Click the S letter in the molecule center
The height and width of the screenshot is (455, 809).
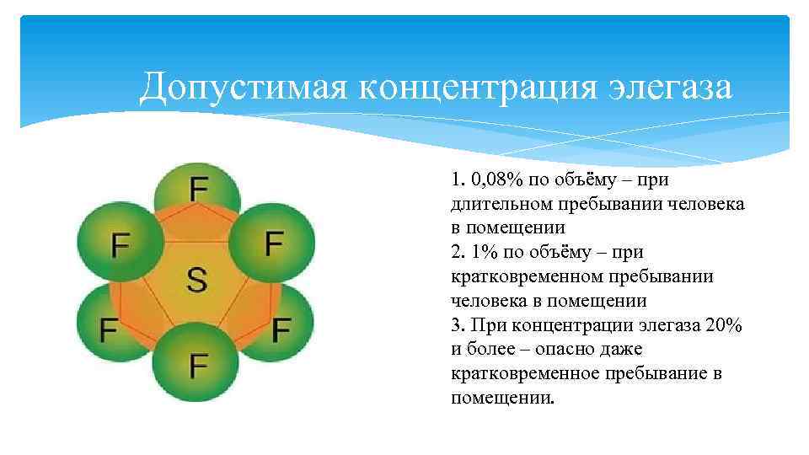coord(196,279)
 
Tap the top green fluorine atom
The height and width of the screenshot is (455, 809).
coord(198,190)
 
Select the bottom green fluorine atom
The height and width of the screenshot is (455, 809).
coord(198,364)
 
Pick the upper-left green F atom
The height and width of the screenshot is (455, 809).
coord(121,245)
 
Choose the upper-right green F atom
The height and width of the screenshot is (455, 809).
coord(273,244)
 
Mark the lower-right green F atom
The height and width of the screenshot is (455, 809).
coord(281,328)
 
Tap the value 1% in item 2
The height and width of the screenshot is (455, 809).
coord(481,252)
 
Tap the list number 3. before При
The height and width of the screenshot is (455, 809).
coord(458,325)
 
